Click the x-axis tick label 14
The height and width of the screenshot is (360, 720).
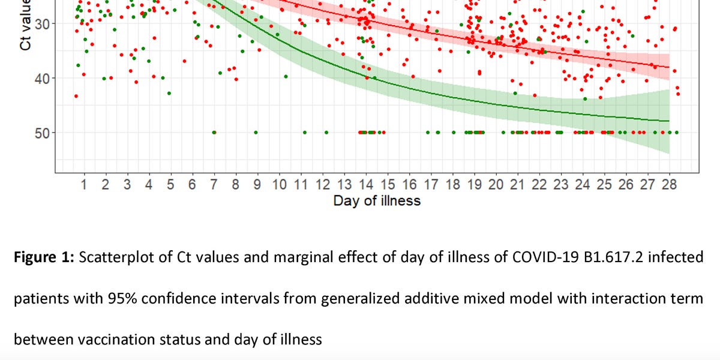point(366,185)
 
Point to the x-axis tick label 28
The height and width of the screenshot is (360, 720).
point(670,185)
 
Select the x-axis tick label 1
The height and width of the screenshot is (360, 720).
point(84,185)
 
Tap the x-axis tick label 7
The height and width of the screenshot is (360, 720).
point(214,185)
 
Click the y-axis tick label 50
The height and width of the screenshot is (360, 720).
point(40,133)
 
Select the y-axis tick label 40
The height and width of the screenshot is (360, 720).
point(40,78)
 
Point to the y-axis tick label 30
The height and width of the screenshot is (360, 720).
point(40,24)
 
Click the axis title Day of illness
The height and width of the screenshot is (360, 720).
point(377,201)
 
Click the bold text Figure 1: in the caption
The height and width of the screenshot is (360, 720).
point(43,258)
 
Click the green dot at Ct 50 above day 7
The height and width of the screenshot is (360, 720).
point(214,132)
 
